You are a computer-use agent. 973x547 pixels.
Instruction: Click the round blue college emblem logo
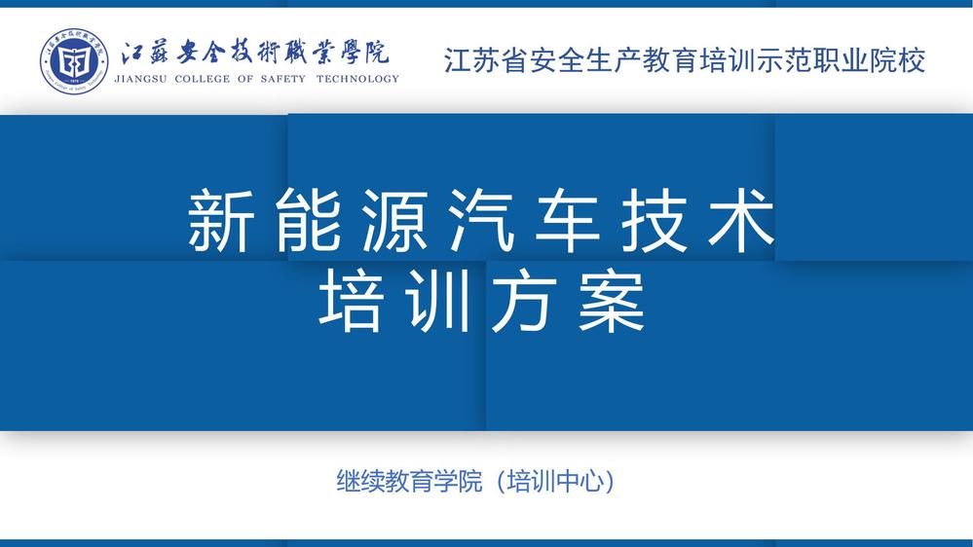click(74, 60)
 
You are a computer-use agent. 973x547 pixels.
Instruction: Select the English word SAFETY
click(283, 79)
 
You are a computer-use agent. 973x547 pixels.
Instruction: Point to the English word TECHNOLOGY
click(357, 79)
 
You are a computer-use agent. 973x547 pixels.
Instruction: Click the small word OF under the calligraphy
click(245, 79)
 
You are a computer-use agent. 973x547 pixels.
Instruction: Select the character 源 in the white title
click(394, 220)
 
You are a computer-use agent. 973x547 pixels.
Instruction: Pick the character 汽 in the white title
click(481, 220)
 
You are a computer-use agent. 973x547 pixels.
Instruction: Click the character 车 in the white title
click(569, 220)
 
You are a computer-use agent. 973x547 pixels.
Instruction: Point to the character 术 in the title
click(742, 220)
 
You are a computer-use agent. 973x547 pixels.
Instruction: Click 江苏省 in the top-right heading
click(486, 60)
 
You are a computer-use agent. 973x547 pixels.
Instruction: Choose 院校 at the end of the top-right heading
click(898, 60)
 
